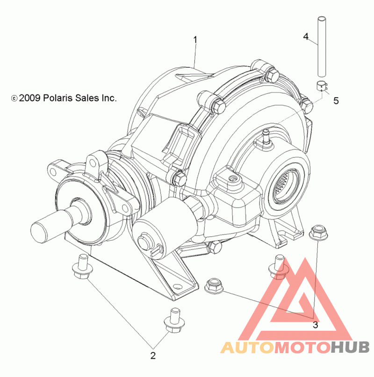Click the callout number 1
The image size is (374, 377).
click(195, 40)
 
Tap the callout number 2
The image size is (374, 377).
click(153, 356)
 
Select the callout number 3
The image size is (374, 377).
click(315, 325)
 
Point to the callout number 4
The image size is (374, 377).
click(306, 36)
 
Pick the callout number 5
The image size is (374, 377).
click(336, 101)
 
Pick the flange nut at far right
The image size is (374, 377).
click(318, 232)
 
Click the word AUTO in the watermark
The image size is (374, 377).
click(247, 348)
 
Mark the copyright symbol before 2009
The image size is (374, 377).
click(14, 99)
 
